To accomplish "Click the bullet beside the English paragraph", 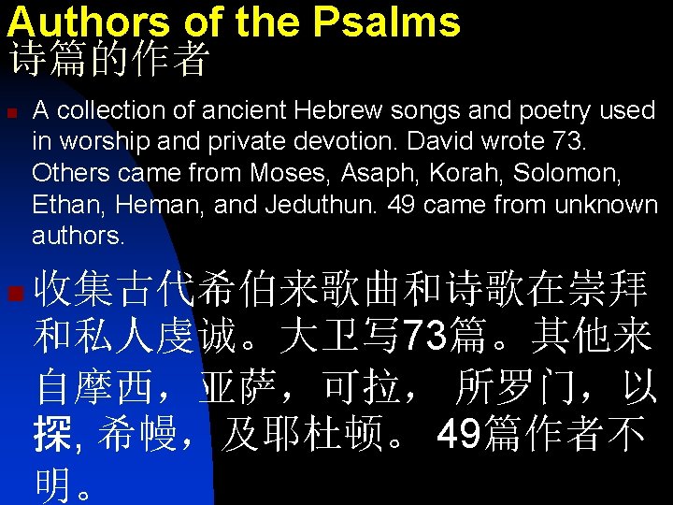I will (x=12, y=112).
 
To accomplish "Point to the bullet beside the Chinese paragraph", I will (x=13, y=296).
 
